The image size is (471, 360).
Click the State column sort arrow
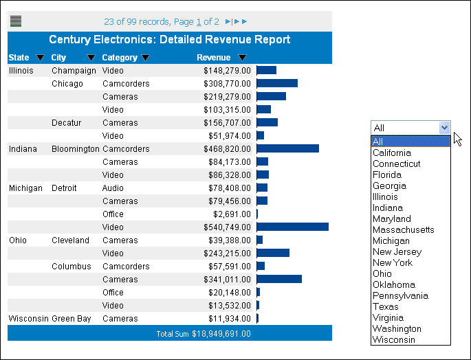click(40, 58)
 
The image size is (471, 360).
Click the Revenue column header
click(213, 58)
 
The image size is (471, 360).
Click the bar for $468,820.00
click(287, 149)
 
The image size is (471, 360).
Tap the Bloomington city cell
click(75, 149)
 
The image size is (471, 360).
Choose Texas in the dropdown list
click(386, 307)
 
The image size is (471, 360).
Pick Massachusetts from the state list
click(403, 230)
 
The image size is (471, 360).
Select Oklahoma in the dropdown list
click(393, 285)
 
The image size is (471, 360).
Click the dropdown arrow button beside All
click(444, 127)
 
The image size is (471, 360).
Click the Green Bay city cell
click(71, 319)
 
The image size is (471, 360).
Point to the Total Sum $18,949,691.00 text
click(204, 334)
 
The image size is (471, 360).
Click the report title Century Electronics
click(169, 40)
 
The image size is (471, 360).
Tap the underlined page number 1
click(197, 22)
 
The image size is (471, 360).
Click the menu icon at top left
click(16, 21)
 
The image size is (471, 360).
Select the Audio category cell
click(113, 188)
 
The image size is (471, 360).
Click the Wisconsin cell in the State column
click(28, 319)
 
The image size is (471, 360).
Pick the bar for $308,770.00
click(277, 84)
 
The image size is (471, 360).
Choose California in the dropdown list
click(391, 153)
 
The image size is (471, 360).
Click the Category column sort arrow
click(145, 58)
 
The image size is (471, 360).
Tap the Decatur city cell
click(66, 123)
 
